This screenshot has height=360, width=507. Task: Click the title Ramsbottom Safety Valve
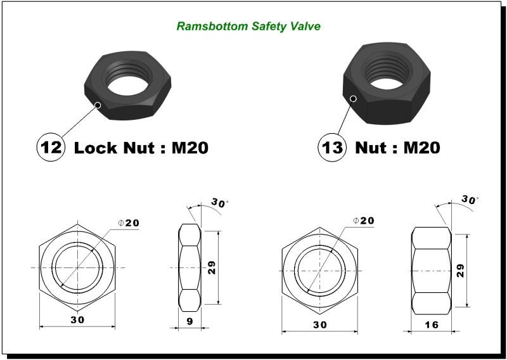248,26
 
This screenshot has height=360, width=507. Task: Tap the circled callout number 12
50,148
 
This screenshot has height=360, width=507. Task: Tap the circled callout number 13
331,148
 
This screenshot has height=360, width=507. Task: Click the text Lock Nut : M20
141,148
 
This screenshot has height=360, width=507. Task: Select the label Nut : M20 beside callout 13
397,148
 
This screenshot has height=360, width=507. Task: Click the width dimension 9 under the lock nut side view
189,321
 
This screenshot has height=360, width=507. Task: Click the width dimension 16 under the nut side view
431,325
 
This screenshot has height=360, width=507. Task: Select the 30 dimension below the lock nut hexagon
77,321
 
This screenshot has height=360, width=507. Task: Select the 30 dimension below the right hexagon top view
319,325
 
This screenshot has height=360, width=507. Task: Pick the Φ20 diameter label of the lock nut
129,223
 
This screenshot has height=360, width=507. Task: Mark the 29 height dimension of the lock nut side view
212,267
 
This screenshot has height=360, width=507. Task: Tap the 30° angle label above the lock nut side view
220,203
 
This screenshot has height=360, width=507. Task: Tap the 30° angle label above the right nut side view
470,199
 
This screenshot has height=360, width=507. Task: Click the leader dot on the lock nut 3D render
97,105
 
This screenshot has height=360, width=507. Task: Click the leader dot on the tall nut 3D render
354,98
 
